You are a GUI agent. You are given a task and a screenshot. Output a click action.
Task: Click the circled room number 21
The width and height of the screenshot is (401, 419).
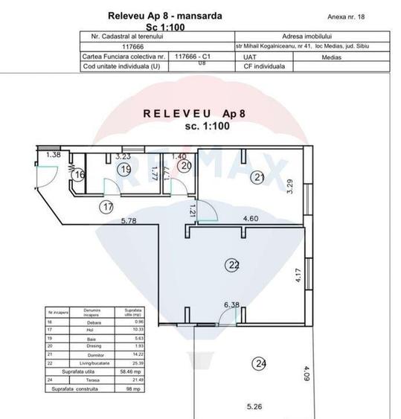tap(258, 177)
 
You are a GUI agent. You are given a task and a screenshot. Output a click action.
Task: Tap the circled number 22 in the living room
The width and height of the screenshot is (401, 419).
tap(234, 264)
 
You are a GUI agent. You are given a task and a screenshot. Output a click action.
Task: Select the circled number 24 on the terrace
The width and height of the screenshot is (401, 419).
tap(259, 364)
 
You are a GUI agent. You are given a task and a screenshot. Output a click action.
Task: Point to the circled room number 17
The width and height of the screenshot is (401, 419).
tap(109, 207)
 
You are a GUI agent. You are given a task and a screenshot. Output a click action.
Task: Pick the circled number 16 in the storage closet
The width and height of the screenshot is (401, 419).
tap(80, 176)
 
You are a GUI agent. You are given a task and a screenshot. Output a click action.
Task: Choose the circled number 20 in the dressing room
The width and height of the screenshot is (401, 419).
tap(185, 166)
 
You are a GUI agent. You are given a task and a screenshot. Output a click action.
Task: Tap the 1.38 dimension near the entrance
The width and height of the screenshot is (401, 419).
tap(52, 155)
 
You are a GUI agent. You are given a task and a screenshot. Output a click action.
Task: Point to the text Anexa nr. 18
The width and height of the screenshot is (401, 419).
tap(346, 15)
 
